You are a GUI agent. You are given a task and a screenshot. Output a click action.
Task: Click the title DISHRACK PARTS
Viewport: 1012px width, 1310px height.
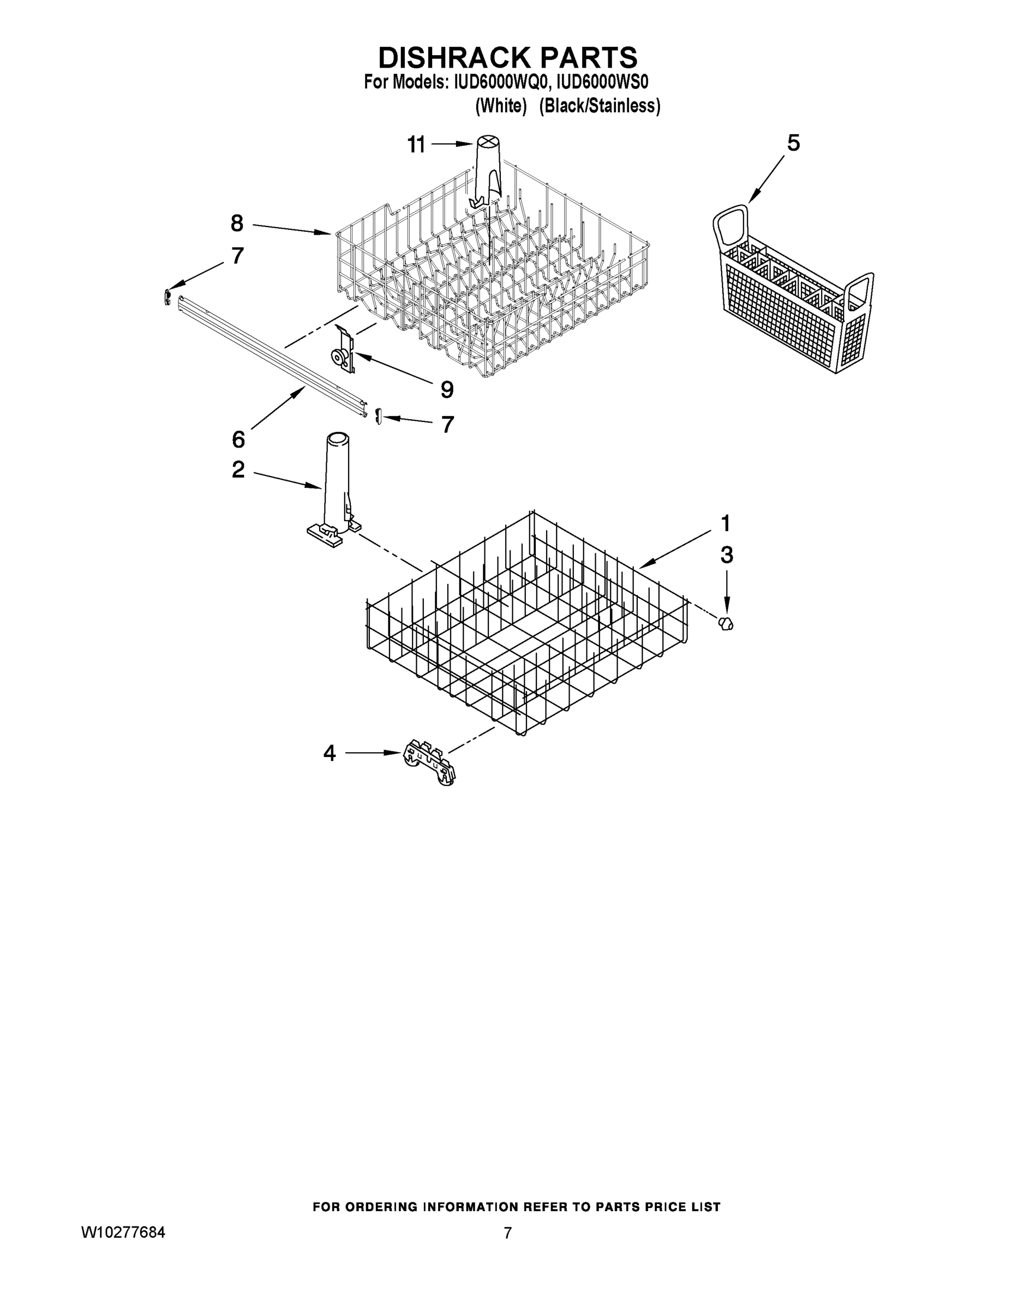[507, 57]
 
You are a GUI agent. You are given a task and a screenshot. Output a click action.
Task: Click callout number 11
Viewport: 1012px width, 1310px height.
[416, 145]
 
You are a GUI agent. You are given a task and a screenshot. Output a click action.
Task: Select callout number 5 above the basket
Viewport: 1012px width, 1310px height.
[793, 144]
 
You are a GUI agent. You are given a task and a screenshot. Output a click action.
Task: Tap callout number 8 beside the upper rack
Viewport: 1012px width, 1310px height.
[237, 224]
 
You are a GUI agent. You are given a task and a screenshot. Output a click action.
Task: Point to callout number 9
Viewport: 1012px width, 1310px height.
[447, 390]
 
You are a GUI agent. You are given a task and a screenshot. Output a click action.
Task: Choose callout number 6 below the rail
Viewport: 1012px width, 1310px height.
[238, 439]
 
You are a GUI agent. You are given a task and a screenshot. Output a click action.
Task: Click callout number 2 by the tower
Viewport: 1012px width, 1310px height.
[238, 469]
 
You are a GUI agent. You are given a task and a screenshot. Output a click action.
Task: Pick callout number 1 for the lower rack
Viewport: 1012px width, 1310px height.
[726, 523]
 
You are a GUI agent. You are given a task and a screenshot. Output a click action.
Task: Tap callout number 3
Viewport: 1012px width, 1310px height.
[726, 556]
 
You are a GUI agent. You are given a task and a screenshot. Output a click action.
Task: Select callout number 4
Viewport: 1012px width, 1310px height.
[329, 753]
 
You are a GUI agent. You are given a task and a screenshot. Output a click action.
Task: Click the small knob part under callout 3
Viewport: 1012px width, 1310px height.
[726, 623]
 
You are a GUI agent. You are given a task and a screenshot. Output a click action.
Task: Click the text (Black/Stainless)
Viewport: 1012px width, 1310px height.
[600, 106]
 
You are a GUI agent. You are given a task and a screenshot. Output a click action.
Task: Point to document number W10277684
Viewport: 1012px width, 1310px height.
[123, 1232]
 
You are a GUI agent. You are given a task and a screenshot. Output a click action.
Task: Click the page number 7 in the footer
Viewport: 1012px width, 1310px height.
[507, 1233]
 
